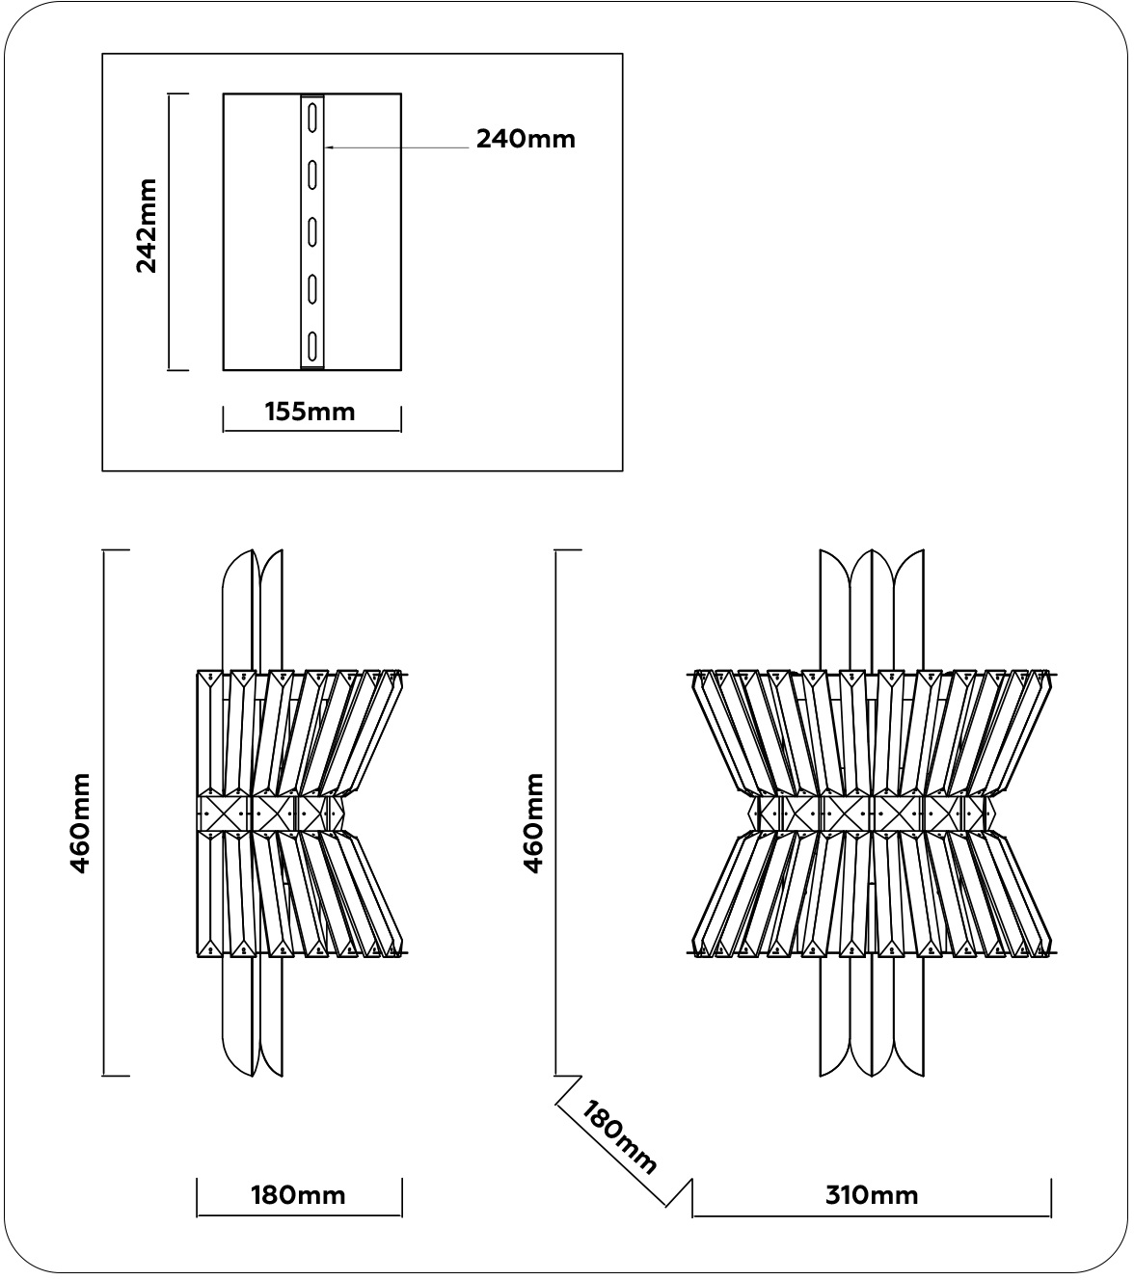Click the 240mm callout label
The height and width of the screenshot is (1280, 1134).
tap(526, 139)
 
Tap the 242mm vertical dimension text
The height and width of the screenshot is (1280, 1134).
tap(147, 226)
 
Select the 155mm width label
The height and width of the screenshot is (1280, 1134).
tap(310, 413)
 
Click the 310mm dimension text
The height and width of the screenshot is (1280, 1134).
tap(872, 1196)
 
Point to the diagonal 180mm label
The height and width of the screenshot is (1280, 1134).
tap(620, 1138)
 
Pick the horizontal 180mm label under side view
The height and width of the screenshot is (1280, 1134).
tap(298, 1196)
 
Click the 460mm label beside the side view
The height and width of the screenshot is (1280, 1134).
tap(80, 822)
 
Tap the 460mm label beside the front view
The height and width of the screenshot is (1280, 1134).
tap(533, 822)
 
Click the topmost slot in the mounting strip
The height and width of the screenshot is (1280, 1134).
tap(313, 119)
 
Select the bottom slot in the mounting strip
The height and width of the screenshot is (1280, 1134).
tap(313, 345)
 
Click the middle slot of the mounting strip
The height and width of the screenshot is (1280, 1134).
tap(313, 232)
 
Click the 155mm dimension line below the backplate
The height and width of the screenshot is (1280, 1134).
tap(311, 430)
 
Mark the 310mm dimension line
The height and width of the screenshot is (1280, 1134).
tap(872, 1215)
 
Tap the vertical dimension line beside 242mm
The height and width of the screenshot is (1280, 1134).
tap(170, 231)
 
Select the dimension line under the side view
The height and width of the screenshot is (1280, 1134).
tap(299, 1215)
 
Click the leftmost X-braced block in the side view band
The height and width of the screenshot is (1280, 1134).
tap(225, 812)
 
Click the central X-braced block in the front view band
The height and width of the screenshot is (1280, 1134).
tap(846, 812)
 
